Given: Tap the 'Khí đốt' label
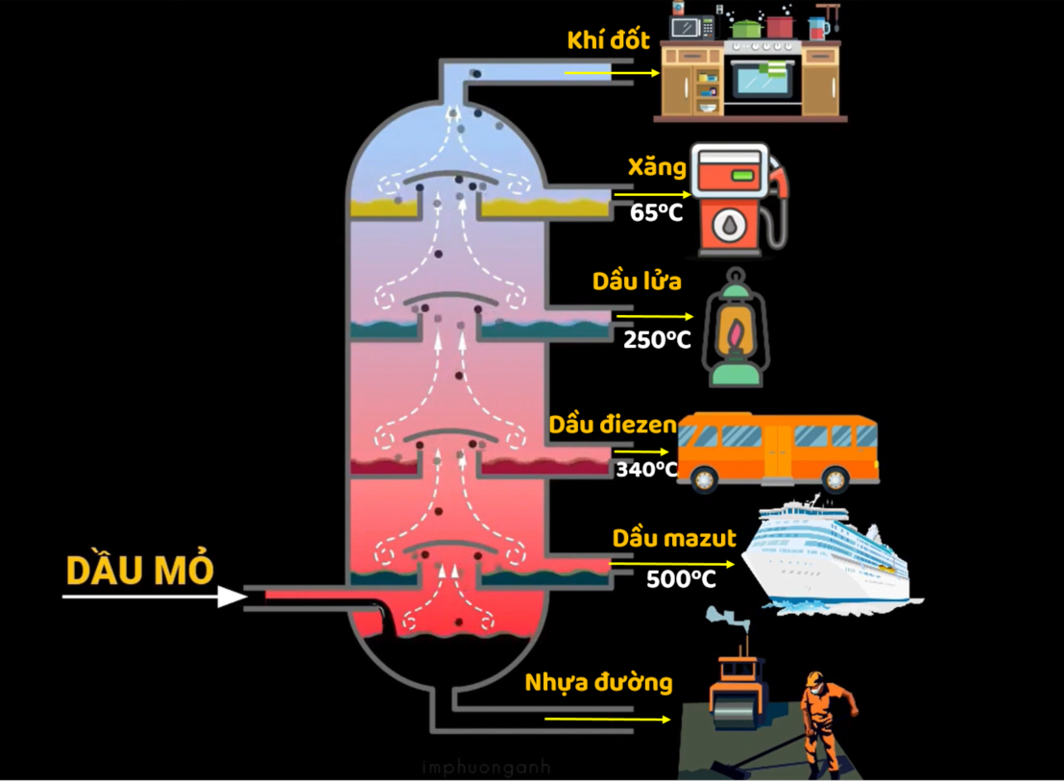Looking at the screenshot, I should tap(608, 41).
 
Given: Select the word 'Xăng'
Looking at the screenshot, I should tap(657, 168).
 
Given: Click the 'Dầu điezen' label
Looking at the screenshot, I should tap(613, 425).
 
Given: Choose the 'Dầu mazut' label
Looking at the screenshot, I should tap(674, 539).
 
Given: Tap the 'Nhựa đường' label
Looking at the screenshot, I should tap(598, 683).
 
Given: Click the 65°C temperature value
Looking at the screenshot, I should tap(656, 212).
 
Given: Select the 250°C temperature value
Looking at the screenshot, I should tap(657, 339).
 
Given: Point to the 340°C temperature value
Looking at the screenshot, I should tap(646, 470).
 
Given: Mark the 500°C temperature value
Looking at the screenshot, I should tap(680, 579).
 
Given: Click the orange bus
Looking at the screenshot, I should tap(778, 452).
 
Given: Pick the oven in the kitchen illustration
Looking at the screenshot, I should tap(763, 81).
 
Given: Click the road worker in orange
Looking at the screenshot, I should tap(825, 720).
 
